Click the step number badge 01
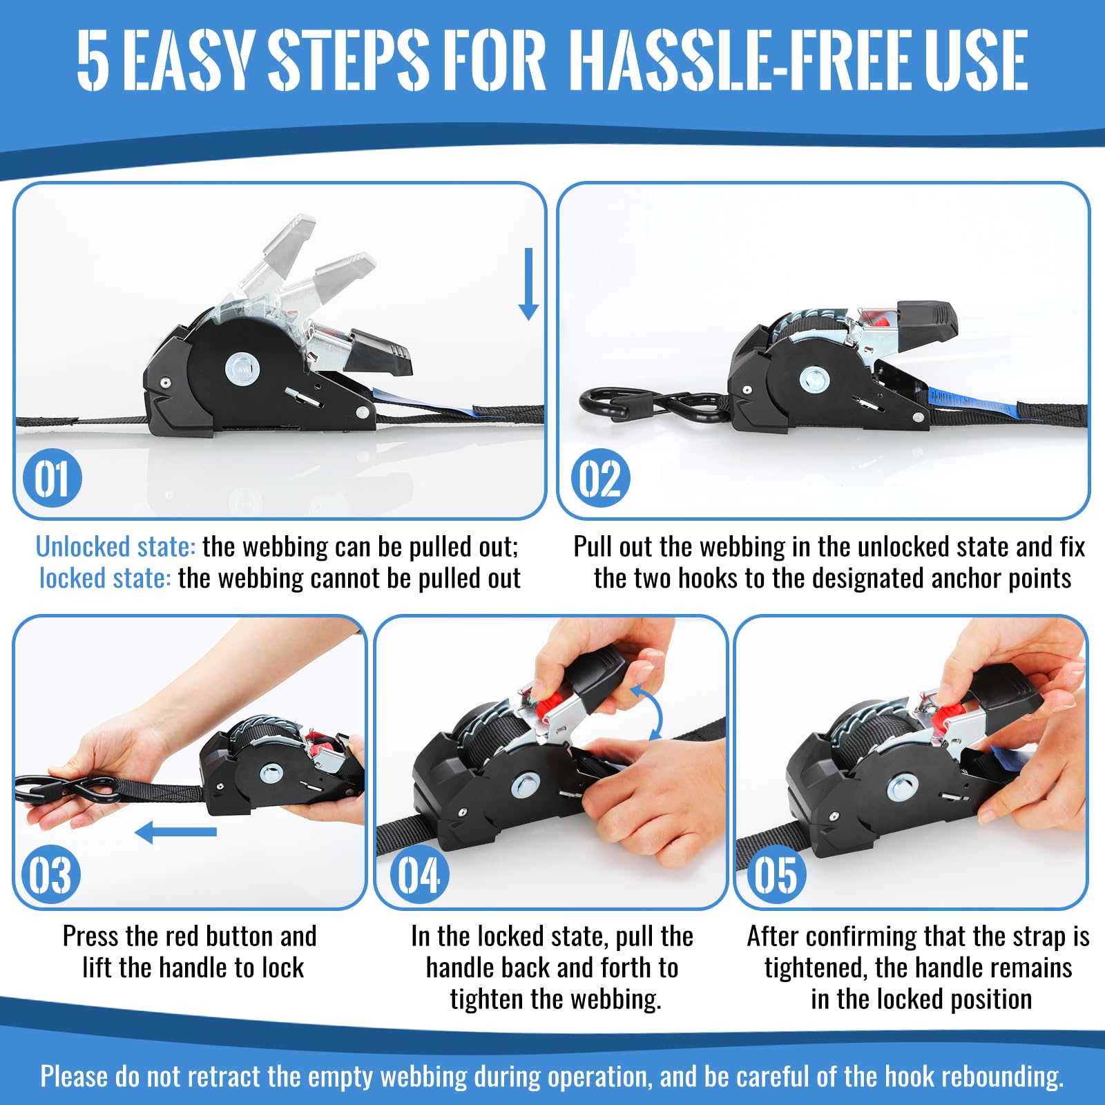(x=52, y=478)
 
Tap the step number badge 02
(x=600, y=478)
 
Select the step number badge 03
(x=51, y=874)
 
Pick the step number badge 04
(x=419, y=874)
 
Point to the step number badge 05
(x=776, y=874)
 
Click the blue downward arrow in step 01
(x=529, y=284)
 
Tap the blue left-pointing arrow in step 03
(x=175, y=832)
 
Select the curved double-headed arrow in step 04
(x=652, y=711)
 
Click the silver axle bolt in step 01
(x=242, y=367)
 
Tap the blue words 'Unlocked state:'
(x=115, y=547)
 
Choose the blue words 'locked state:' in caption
(x=105, y=578)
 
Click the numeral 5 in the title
(x=93, y=59)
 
